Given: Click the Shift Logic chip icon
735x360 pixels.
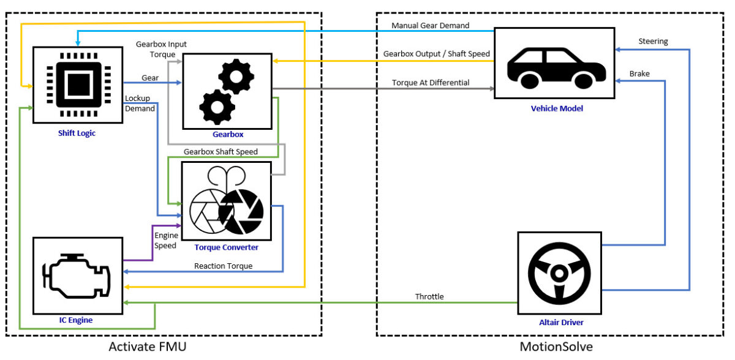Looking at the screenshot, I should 78,81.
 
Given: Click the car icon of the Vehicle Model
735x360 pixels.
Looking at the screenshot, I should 554,63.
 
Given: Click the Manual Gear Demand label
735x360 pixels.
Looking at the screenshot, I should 431,26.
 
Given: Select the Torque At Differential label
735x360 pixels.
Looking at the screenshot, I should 431,83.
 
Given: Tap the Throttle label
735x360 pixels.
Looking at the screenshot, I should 429,297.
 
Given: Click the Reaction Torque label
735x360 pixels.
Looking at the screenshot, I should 223,266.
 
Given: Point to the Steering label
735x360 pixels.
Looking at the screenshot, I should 653,42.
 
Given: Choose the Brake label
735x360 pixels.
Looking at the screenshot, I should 639,73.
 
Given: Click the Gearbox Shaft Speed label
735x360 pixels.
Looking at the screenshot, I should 221,151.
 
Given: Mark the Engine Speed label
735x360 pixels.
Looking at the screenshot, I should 165,240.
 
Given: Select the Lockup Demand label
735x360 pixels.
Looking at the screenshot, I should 140,103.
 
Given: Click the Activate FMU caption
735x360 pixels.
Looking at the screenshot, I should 147,347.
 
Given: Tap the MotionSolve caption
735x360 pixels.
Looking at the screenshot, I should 556,347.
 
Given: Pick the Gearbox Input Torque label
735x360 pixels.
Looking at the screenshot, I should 162,50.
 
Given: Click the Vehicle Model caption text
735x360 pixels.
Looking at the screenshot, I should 557,108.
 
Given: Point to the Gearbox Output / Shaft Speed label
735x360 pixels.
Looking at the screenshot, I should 436,54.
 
